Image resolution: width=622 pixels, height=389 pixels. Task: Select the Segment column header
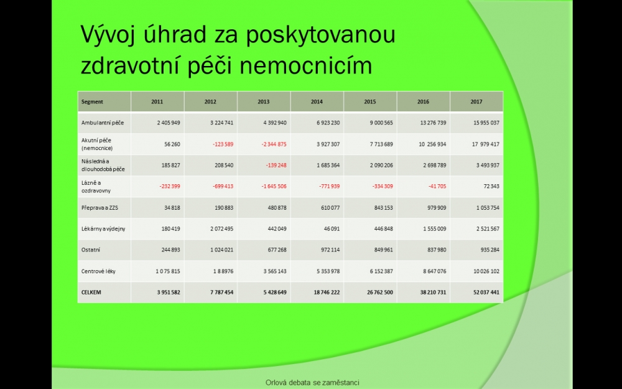pos(92,101)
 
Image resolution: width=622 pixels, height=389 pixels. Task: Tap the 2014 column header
pos(317,101)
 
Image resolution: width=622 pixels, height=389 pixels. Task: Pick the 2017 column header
pos(476,101)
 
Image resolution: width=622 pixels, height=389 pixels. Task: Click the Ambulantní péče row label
pos(103,123)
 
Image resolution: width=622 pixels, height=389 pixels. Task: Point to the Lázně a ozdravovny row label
pos(96,187)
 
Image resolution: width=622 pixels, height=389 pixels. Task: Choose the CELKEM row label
pos(91,292)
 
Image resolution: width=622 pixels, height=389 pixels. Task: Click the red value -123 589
pos(223,144)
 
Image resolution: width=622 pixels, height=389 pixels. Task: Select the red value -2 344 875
pos(274,144)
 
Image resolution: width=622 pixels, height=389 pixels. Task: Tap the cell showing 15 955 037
pos(486,123)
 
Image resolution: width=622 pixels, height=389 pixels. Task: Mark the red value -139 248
pos(276,165)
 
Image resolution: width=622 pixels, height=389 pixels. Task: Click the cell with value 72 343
pos(491,186)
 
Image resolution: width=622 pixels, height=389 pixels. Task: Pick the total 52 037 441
pos(486,292)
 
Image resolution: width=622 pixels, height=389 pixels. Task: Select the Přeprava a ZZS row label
pos(100,208)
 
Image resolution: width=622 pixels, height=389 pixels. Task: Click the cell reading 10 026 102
pos(486,271)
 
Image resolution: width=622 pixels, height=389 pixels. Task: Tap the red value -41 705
pos(437,186)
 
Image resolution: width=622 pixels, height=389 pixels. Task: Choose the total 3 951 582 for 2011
pos(169,292)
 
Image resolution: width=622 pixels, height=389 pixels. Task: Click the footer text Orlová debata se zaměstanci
pos(312,383)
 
